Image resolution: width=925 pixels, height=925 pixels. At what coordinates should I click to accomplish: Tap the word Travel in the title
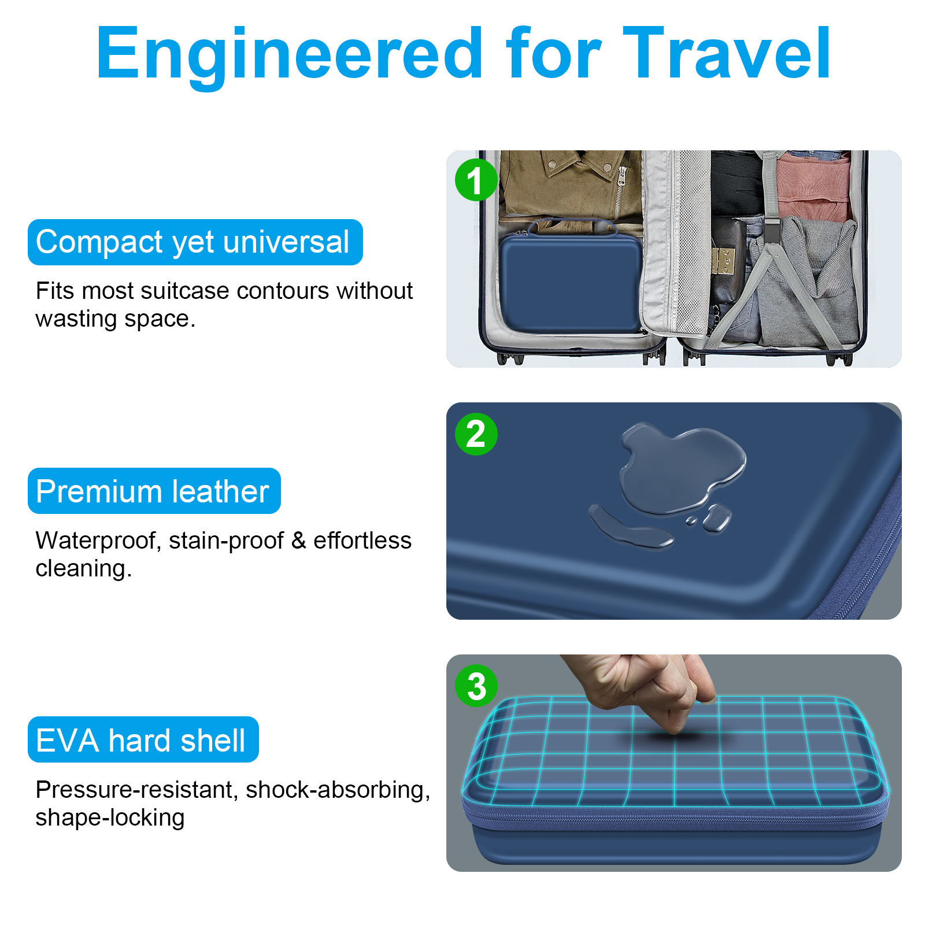click(727, 53)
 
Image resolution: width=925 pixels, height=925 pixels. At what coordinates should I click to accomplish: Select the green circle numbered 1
click(476, 180)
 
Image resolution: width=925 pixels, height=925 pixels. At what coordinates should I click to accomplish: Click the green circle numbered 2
click(476, 434)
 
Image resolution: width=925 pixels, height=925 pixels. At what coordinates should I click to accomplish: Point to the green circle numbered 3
click(476, 686)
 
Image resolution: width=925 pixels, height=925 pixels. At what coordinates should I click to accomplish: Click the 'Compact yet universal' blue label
click(195, 242)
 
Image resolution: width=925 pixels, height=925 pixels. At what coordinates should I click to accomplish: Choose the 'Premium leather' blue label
click(154, 491)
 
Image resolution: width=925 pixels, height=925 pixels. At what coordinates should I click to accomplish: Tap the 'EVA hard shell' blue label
click(143, 739)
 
